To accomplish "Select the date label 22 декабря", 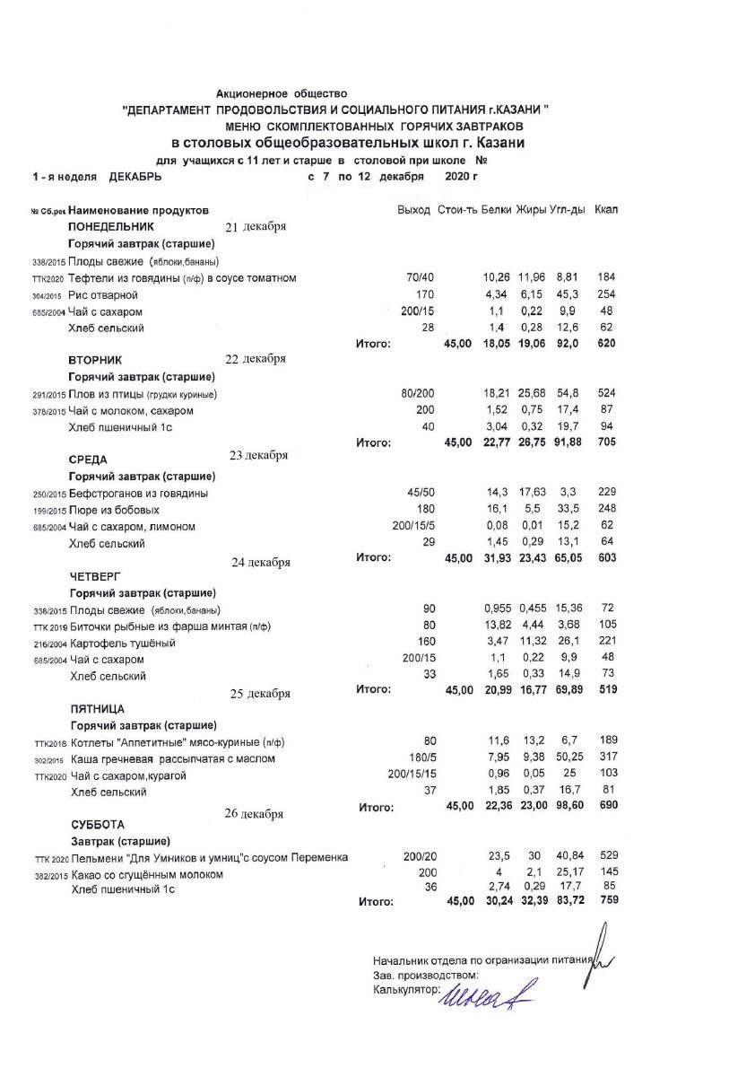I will pos(256,359).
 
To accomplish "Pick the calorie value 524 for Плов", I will pos(606,394).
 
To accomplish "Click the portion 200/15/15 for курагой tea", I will pos(412,775).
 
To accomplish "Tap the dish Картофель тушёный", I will pos(123,644).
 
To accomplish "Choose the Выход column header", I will pos(413,209).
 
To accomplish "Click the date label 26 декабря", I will pos(254,814).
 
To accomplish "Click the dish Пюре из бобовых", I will pos(114,510).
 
